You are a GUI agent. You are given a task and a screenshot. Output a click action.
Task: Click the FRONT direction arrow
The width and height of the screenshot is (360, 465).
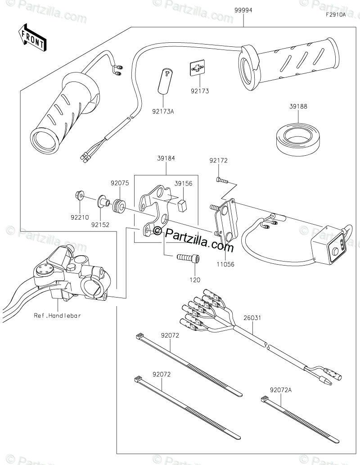(32, 38)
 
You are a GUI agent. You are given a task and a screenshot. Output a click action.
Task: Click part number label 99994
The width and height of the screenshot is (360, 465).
(243, 9)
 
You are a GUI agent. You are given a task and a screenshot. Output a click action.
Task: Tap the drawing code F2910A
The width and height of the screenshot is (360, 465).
(336, 15)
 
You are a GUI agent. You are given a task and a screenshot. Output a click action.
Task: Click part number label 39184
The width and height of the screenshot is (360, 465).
(166, 158)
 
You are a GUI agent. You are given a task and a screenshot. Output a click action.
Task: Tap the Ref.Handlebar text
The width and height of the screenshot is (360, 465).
(57, 316)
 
